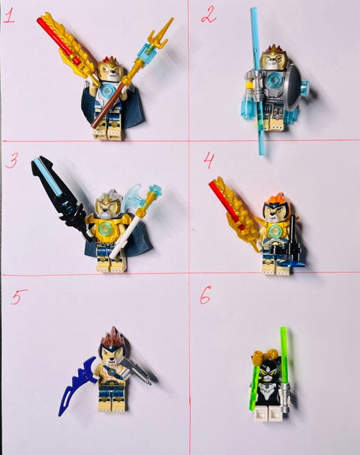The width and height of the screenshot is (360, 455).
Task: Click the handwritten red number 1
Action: coord(9,16)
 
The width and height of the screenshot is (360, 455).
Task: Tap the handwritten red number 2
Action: coord(208,16)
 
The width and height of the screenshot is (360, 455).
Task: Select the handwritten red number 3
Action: coord(12,160)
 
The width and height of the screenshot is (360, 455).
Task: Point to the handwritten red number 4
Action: coord(209,161)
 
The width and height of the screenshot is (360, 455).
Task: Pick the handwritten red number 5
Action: coord(19,297)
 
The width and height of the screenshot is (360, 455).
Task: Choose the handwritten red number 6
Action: coord(205,295)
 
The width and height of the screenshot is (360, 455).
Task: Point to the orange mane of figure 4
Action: coord(278,199)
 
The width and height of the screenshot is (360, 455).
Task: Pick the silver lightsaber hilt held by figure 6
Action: coord(286,397)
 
